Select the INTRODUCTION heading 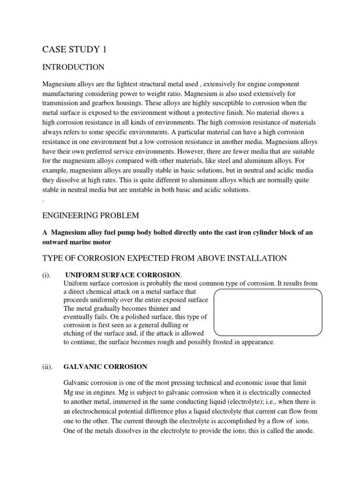pos(73,67)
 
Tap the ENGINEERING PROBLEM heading pos(90,215)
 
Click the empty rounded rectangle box pos(268,312)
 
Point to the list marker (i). pos(46,274)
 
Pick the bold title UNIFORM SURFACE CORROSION pos(122,274)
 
